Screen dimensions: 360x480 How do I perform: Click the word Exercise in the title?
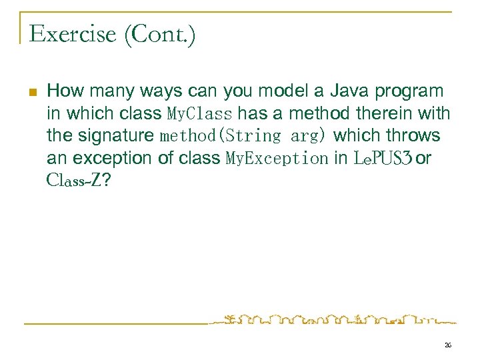pos(72,33)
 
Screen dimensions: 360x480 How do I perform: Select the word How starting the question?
pos(63,91)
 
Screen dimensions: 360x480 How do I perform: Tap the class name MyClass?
pos(199,113)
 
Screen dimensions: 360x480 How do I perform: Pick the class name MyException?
pos(277,159)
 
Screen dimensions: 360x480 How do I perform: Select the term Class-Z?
pos(73,180)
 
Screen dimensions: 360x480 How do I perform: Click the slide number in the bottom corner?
pos(447,345)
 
